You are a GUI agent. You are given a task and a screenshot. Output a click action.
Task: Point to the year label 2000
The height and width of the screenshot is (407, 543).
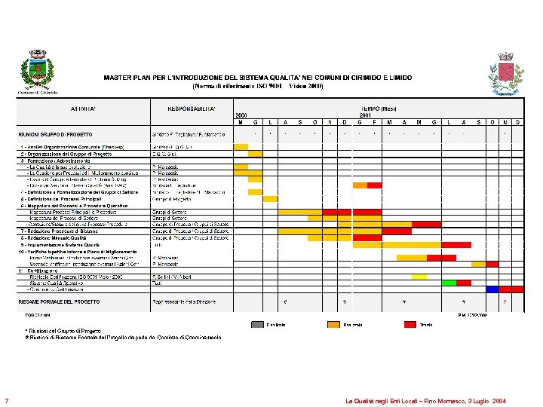point(241,115)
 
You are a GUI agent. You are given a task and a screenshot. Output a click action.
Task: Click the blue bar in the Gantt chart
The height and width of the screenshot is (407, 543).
point(492,289)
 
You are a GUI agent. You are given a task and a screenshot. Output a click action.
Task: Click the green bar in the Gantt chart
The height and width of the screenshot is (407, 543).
point(449,283)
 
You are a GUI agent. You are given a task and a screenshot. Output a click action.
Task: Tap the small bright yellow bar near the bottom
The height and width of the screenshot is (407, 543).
point(419,277)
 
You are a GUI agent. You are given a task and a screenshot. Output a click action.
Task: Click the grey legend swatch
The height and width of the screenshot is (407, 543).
point(257,324)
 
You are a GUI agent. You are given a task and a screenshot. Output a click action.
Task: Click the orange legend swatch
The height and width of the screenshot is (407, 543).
point(333,324)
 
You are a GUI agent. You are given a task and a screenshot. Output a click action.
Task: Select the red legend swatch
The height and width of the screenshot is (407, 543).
point(410,324)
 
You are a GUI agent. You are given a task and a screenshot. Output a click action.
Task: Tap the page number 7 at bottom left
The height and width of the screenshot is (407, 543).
point(6,400)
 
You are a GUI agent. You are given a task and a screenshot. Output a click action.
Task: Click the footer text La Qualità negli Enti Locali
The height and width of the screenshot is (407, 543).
point(425,401)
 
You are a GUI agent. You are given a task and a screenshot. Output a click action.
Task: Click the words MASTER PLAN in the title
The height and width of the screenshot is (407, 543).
point(125,78)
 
